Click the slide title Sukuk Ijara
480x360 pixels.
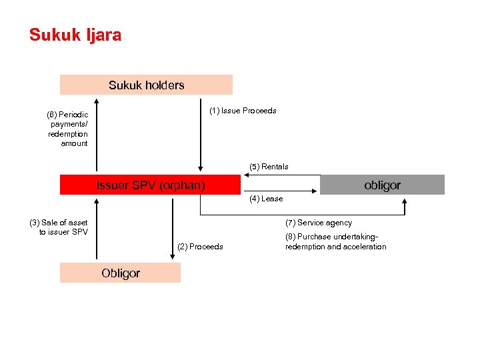point(75,35)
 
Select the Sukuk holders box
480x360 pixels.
point(146,85)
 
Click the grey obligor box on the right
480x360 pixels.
point(382,185)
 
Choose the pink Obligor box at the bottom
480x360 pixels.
point(120,273)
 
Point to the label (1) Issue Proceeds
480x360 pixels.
point(243,111)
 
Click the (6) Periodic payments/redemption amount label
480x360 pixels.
point(67,129)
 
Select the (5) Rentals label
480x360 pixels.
point(269,167)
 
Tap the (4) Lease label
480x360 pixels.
point(266,199)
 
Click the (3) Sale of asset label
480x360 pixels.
point(59,227)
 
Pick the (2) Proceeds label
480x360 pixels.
point(201,247)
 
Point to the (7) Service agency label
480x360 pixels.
point(319,223)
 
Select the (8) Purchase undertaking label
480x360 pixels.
point(335,241)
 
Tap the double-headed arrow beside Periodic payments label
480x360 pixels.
point(97,135)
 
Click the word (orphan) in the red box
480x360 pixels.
point(181,185)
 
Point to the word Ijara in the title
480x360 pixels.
point(103,35)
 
